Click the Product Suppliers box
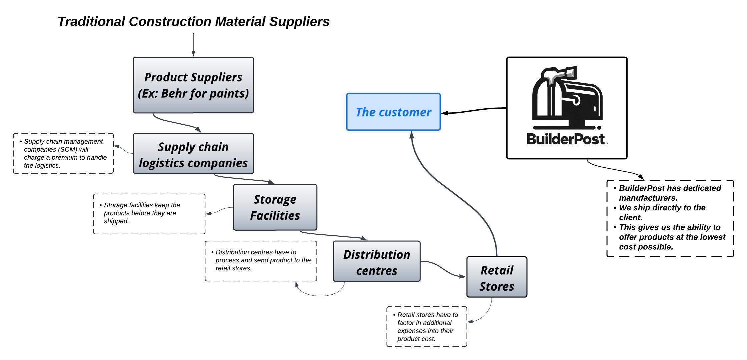pyautogui.click(x=193, y=85)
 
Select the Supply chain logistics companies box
pyautogui.click(x=193, y=154)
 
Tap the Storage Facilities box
pyautogui.click(x=275, y=207)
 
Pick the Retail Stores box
pyautogui.click(x=497, y=277)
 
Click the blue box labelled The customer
pyautogui.click(x=393, y=112)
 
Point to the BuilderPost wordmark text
pyautogui.click(x=566, y=139)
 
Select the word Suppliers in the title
pyautogui.click(x=299, y=22)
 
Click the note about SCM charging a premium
pyautogui.click(x=63, y=153)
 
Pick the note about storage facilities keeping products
pyautogui.click(x=149, y=214)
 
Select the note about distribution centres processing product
pyautogui.click(x=261, y=261)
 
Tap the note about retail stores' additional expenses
pyautogui.click(x=427, y=327)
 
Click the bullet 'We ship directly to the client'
pyautogui.click(x=662, y=212)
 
